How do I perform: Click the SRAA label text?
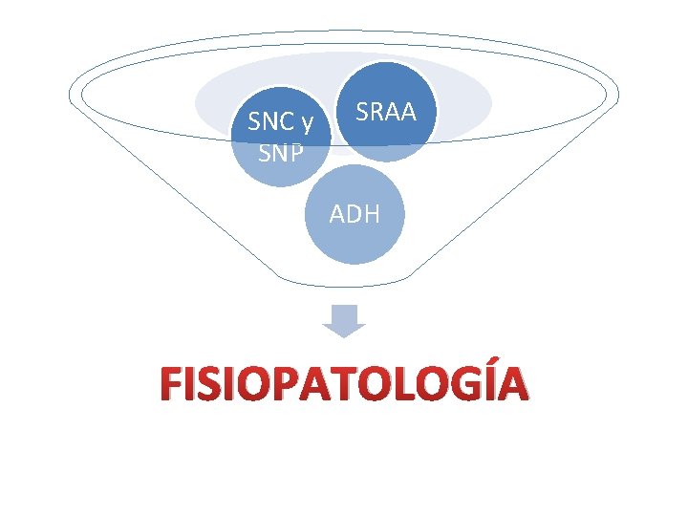[386, 112]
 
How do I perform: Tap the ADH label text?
[355, 214]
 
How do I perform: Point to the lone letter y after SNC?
[309, 124]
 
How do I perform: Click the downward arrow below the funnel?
[344, 321]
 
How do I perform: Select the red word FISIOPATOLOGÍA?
[344, 384]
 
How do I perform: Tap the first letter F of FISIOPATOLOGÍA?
[173, 384]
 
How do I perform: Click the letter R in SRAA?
[376, 112]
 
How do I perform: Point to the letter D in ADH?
[355, 214]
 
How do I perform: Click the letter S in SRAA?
[362, 112]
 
